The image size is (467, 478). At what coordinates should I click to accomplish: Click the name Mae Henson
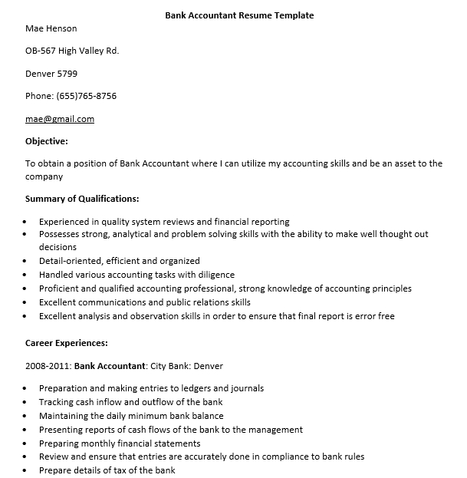pyautogui.click(x=51, y=29)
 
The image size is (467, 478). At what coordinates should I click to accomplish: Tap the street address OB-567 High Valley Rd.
pyautogui.click(x=72, y=51)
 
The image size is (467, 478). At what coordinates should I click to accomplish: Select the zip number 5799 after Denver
pyautogui.click(x=67, y=74)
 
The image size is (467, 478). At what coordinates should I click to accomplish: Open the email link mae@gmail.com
pyautogui.click(x=60, y=119)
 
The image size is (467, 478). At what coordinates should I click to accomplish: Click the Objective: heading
pyautogui.click(x=47, y=141)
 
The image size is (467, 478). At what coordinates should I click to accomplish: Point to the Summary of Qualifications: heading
pyautogui.click(x=82, y=199)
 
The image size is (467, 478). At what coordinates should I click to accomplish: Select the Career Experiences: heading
pyautogui.click(x=66, y=343)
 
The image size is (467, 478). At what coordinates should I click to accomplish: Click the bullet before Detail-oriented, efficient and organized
pyautogui.click(x=25, y=262)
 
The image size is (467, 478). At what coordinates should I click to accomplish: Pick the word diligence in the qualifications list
pyautogui.click(x=214, y=275)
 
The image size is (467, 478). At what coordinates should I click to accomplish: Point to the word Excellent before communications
pyautogui.click(x=60, y=302)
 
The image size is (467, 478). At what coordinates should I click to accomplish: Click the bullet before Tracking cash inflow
pyautogui.click(x=25, y=403)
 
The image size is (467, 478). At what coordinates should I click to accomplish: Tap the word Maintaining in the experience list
pyautogui.click(x=66, y=416)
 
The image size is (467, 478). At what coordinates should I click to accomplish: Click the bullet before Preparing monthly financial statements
pyautogui.click(x=25, y=444)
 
